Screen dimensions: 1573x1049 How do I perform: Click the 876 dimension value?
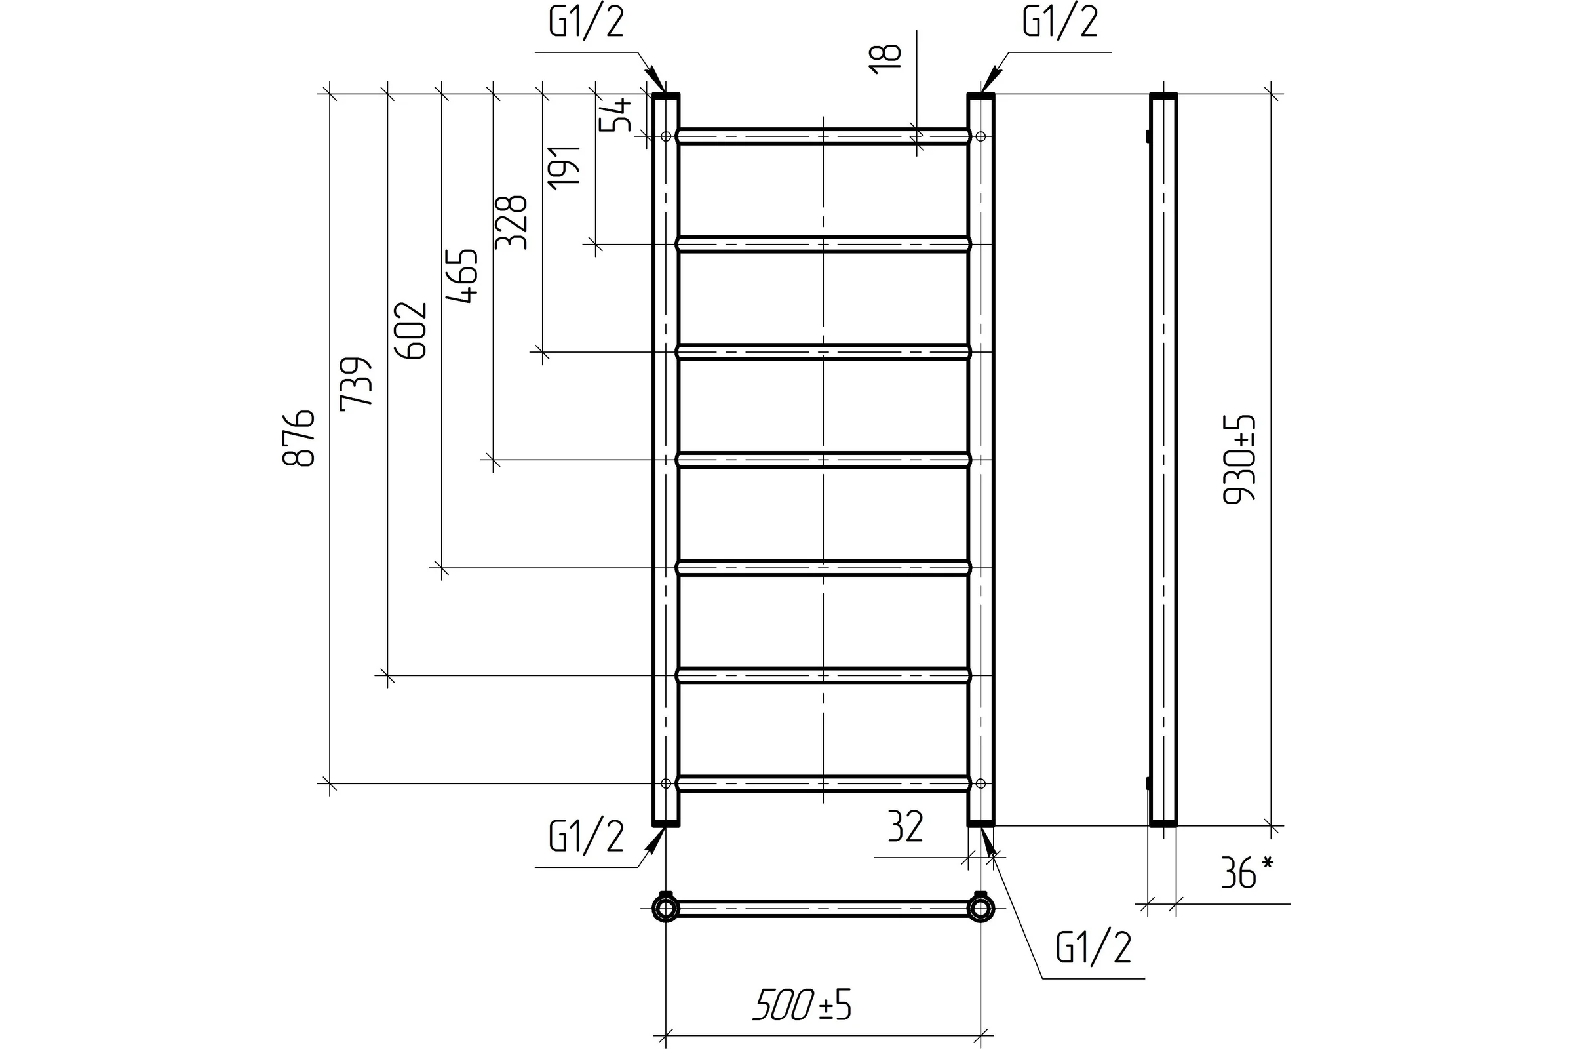tap(298, 437)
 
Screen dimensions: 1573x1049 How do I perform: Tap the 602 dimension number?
tap(410, 330)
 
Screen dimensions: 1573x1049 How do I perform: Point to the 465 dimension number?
tap(462, 276)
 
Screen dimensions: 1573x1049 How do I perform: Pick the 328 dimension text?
tap(511, 223)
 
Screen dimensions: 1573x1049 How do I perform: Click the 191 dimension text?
tap(564, 167)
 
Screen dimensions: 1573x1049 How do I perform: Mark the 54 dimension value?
tap(615, 115)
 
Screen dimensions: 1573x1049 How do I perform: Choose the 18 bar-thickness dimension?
tap(884, 59)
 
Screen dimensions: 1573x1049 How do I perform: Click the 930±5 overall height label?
tap(1239, 459)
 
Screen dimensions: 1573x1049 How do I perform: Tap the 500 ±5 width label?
tap(802, 1006)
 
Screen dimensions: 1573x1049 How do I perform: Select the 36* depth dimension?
tap(1248, 873)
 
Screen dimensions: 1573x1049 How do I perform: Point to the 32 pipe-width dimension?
tap(906, 826)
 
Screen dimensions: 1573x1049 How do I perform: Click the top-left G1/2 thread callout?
tap(587, 22)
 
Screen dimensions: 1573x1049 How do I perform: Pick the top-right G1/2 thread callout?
tap(1060, 22)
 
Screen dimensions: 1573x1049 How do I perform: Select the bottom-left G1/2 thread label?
tap(587, 837)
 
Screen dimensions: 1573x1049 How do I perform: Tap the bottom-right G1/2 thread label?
tap(1093, 947)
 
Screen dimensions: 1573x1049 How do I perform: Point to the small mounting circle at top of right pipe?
tap(981, 136)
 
